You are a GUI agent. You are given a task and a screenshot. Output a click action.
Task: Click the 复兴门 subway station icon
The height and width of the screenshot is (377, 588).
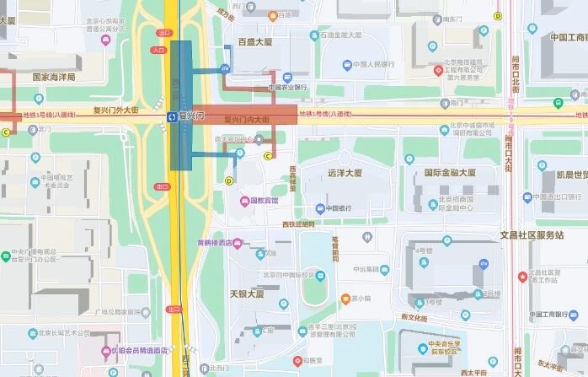[x=172, y=116]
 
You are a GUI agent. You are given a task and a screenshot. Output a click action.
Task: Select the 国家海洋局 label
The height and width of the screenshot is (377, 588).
[x=54, y=77]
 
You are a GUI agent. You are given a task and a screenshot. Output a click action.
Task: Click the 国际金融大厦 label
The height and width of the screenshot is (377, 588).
[x=450, y=173]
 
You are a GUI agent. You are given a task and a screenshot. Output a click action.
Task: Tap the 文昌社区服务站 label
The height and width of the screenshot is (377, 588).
[x=532, y=234]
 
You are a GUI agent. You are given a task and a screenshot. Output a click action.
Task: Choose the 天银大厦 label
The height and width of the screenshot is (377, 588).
[x=247, y=295]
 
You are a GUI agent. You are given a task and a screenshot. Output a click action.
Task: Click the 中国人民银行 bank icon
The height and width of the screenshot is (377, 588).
[x=348, y=64]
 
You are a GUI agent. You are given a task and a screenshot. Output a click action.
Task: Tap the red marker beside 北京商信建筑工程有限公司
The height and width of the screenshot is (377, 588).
[x=438, y=70]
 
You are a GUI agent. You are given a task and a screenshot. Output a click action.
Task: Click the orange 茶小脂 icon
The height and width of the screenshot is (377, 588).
[x=345, y=299]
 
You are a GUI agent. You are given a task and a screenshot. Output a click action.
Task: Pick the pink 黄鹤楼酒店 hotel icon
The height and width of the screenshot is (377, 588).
[x=238, y=243]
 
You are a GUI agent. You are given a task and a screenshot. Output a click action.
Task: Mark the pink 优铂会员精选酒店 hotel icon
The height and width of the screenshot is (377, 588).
[x=105, y=350]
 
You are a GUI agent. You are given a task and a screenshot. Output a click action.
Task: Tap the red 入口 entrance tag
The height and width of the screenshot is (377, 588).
[x=158, y=50]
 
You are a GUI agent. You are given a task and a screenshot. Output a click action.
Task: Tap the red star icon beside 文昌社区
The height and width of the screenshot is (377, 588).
[x=522, y=275]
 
